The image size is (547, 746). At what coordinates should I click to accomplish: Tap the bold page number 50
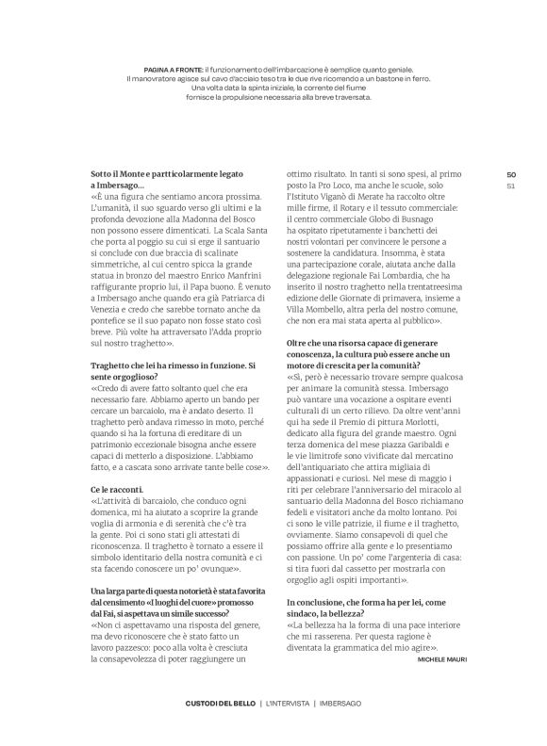tap(510, 174)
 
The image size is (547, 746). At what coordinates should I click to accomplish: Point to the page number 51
tap(510, 186)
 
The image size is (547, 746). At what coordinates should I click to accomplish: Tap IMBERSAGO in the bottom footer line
tap(347, 704)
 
